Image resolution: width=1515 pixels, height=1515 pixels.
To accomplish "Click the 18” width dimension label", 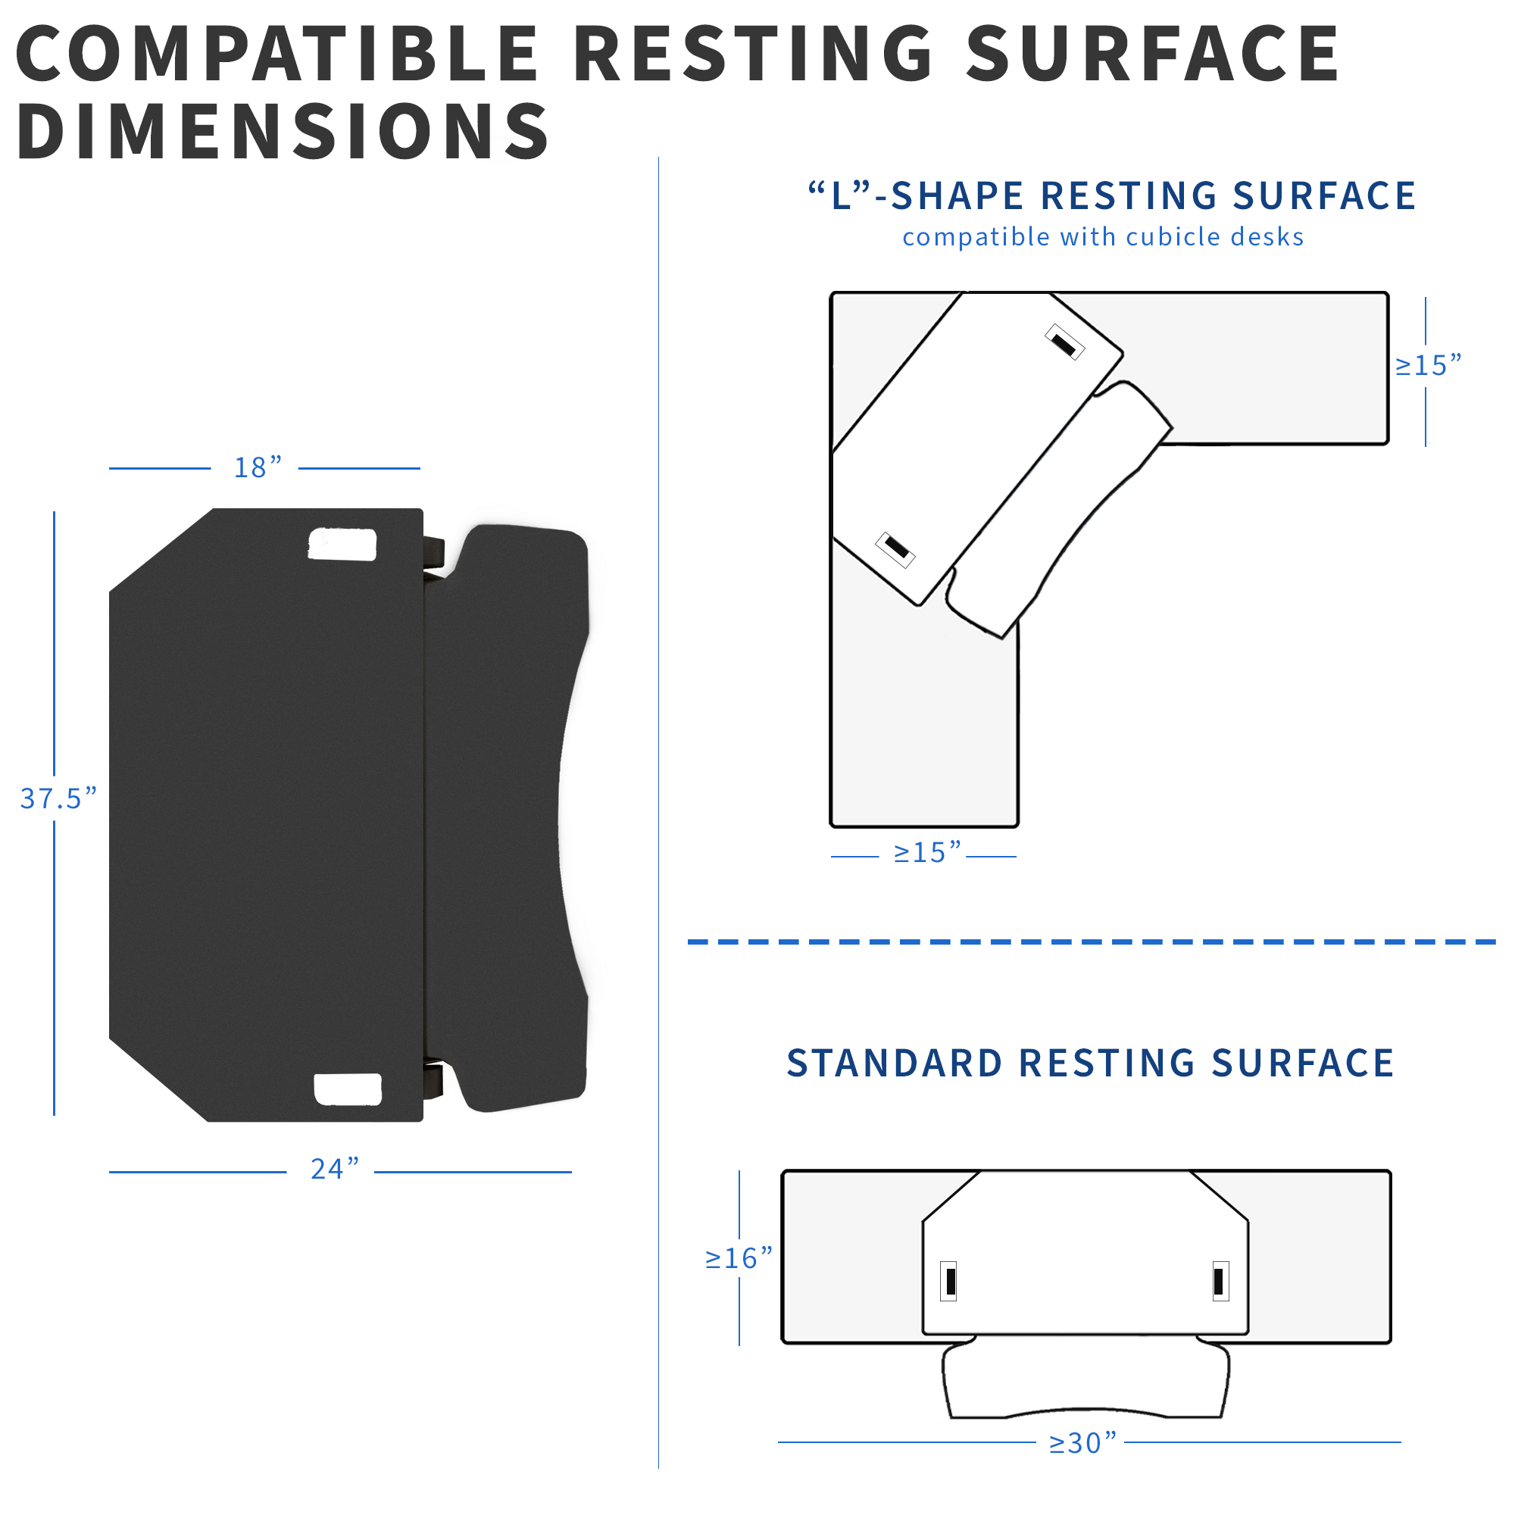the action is pyautogui.click(x=258, y=467).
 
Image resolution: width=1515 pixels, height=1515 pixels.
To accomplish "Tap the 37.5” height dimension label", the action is pyautogui.click(x=59, y=798).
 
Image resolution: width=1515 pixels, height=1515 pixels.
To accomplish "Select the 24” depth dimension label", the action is pyautogui.click(x=335, y=1169).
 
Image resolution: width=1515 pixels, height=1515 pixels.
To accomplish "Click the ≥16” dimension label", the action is pyautogui.click(x=739, y=1258).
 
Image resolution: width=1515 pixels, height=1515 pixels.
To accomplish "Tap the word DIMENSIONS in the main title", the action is pyautogui.click(x=283, y=131).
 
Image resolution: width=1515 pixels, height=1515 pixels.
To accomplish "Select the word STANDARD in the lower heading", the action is pyautogui.click(x=895, y=1064).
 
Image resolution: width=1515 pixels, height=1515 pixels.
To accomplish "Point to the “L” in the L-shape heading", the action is pyautogui.click(x=841, y=195).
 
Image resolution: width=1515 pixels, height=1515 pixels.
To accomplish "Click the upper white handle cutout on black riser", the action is pyautogui.click(x=342, y=544).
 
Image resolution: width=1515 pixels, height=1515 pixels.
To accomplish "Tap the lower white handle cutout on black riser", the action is pyautogui.click(x=348, y=1089).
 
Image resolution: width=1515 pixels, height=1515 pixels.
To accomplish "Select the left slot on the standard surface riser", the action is pyautogui.click(x=949, y=1282).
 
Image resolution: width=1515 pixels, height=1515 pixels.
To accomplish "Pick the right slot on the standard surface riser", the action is pyautogui.click(x=1221, y=1282).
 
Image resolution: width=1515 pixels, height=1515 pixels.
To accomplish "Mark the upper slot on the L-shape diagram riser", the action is pyautogui.click(x=1064, y=342).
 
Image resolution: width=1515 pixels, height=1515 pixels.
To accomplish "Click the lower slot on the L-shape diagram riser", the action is pyautogui.click(x=895, y=549).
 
